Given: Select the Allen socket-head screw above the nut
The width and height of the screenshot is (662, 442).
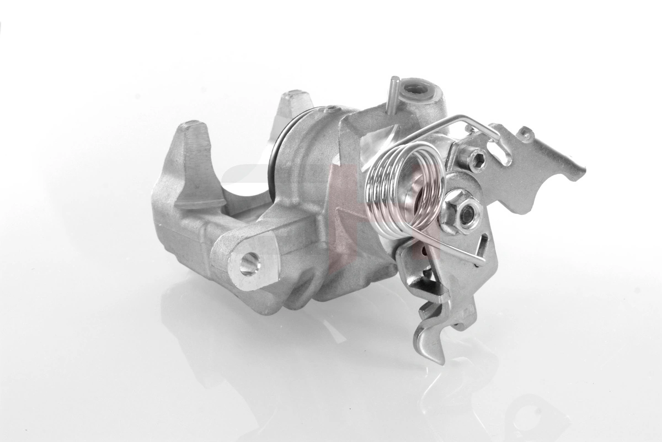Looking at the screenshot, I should (x=477, y=160).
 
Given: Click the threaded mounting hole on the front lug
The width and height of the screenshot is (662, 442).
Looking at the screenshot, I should (x=249, y=264).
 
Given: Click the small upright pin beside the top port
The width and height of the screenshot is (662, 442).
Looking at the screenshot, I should (x=394, y=94).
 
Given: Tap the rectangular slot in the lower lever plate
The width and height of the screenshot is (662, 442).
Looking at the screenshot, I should (x=484, y=243).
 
